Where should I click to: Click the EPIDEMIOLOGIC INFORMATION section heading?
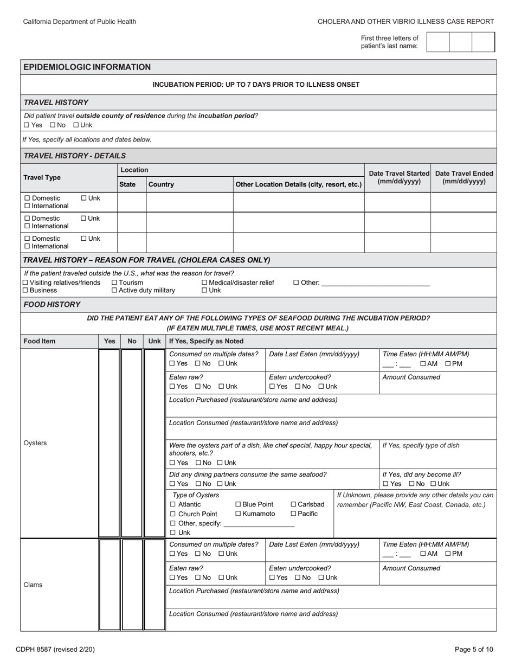coord(87,67)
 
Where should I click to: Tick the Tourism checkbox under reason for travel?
coord(114,283)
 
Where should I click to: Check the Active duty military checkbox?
coord(114,291)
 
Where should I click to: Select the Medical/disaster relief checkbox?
coord(204,283)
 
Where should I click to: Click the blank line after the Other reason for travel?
coord(375,283)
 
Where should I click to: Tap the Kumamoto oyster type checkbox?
coord(238,514)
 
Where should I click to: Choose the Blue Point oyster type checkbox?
coord(238,505)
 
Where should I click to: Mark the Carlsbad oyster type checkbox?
coord(293,505)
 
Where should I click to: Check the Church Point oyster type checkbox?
coord(173,514)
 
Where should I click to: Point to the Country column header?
coord(161,184)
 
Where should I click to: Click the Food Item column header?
coord(40,341)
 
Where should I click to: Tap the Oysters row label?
coord(35,443)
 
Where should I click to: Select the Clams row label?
coord(33,585)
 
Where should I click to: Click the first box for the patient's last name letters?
coord(438,42)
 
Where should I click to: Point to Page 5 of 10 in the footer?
coord(474,649)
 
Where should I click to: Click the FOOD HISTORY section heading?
coord(52,305)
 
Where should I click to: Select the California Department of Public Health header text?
coord(80,22)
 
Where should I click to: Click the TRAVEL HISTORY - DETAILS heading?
coord(75,156)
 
